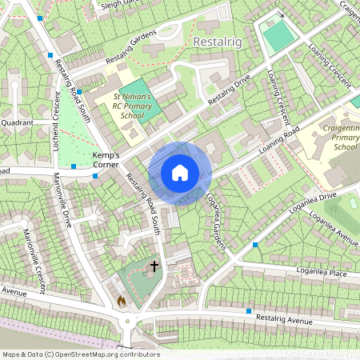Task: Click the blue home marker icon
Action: click(x=180, y=173)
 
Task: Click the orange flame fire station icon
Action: click(x=122, y=301)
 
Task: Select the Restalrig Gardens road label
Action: click(x=129, y=51)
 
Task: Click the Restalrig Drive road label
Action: click(x=230, y=94)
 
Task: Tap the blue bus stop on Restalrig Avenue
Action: click(x=249, y=310)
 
